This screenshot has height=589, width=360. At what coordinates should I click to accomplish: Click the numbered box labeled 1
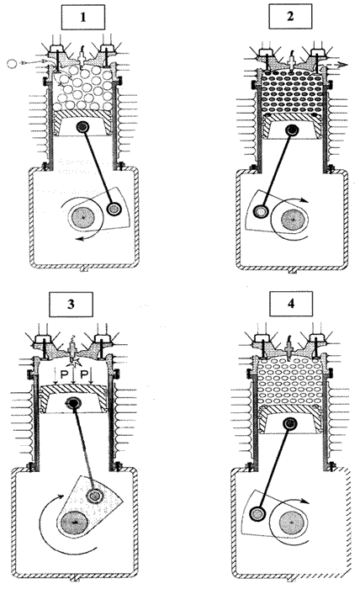[x=83, y=18]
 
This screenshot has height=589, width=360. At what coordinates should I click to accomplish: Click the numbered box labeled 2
[x=290, y=17]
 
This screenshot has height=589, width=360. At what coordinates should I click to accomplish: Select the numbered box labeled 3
[x=71, y=304]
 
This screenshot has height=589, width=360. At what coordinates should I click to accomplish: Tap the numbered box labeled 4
[x=291, y=304]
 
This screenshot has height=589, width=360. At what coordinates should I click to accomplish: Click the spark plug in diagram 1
[x=82, y=56]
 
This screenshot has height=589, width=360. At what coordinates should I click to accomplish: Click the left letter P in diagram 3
[x=63, y=374]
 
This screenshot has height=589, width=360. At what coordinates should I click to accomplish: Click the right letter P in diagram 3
[x=85, y=374]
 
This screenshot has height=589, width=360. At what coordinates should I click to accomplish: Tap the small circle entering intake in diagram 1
[x=12, y=63]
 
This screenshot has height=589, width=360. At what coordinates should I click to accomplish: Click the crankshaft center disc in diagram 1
[x=84, y=217]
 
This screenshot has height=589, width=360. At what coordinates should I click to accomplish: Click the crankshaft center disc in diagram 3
[x=74, y=523]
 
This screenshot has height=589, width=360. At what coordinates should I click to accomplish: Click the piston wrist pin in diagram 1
[x=82, y=127]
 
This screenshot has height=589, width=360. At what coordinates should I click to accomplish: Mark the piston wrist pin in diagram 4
[x=290, y=424]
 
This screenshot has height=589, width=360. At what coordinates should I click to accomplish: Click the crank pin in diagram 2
[x=259, y=211]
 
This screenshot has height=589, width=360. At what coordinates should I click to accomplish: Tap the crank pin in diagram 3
[x=94, y=496]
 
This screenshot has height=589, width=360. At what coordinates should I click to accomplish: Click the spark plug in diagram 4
[x=289, y=349]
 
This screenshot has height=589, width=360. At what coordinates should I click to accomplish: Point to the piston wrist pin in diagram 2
[x=291, y=130]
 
